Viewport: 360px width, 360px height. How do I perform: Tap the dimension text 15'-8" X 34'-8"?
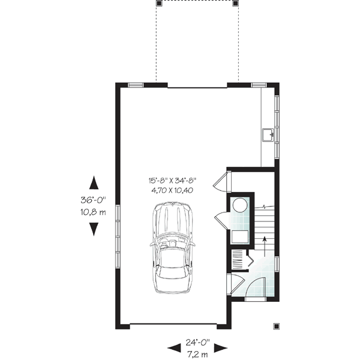point(173,179)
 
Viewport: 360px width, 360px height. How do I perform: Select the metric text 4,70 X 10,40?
point(173,190)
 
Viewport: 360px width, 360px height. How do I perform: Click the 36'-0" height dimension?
point(94,200)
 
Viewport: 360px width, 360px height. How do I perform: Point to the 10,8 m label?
point(94,212)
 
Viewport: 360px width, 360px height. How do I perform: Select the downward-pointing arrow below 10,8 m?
point(94,229)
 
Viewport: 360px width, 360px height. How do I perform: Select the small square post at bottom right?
point(276,326)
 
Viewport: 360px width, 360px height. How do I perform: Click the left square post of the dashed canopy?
point(158,2)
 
